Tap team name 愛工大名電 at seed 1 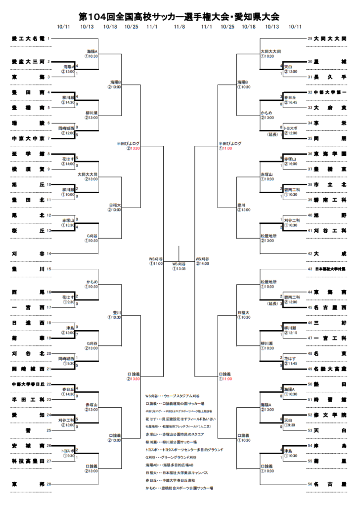(28, 38)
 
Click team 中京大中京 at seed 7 (28, 139)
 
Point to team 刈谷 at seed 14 (28, 253)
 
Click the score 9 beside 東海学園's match (281, 158)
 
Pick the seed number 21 (49, 369)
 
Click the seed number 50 (310, 384)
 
